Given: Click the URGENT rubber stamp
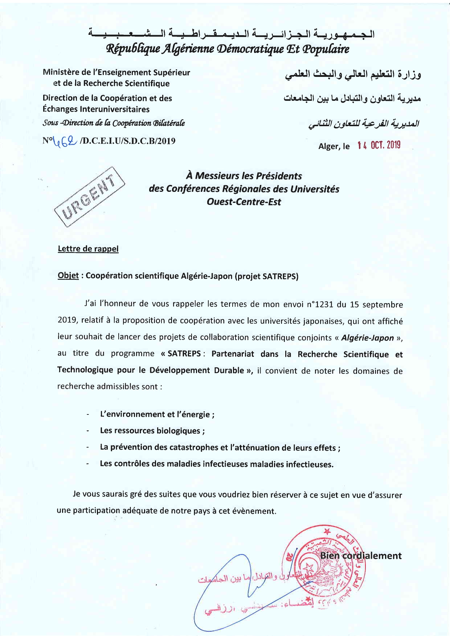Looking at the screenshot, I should (x=89, y=196).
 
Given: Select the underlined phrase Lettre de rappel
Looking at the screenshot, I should (x=88, y=249).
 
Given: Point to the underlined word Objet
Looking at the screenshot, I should (x=68, y=276).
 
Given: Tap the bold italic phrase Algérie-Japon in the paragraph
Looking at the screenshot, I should (x=367, y=338).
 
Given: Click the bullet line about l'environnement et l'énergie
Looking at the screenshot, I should (x=157, y=414).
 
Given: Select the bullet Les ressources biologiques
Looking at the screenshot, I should (x=152, y=431).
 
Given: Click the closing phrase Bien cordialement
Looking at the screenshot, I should (x=361, y=556).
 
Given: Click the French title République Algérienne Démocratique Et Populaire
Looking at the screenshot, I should (x=227, y=49).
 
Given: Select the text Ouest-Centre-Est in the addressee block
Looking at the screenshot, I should (x=244, y=202).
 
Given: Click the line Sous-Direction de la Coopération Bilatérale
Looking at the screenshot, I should (x=114, y=123).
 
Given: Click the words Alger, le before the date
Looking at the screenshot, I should (x=334, y=146).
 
